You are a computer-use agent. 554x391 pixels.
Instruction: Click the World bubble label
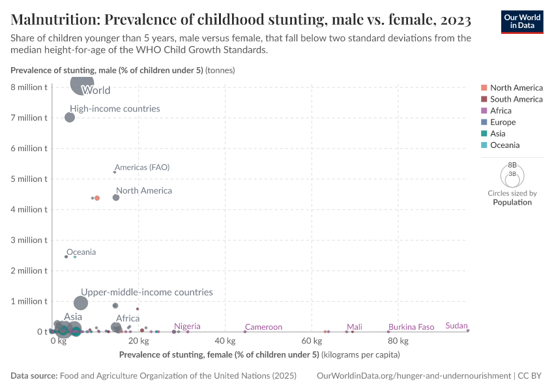click(x=96, y=91)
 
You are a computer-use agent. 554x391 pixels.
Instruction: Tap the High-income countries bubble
click(x=70, y=117)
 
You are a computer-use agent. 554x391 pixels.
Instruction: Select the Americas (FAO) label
click(x=141, y=167)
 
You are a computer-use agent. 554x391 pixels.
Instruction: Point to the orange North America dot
click(x=97, y=198)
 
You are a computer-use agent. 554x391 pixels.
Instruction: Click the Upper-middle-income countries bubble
click(x=81, y=303)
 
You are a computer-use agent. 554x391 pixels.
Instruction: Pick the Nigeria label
click(x=187, y=326)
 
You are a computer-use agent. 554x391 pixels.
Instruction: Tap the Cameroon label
click(x=263, y=327)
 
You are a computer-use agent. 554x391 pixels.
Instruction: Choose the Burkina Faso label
click(x=411, y=327)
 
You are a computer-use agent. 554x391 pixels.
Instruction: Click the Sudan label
click(x=456, y=326)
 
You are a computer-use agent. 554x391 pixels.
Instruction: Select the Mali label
click(x=355, y=327)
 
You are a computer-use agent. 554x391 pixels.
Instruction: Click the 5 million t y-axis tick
click(x=29, y=179)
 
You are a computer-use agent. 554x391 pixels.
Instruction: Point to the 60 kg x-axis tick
click(x=312, y=341)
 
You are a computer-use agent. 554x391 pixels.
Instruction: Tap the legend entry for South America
click(x=516, y=99)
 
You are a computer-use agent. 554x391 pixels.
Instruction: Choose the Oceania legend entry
click(x=504, y=145)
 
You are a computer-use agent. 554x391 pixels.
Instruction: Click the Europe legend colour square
click(x=484, y=123)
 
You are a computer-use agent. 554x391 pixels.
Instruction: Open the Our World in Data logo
click(x=522, y=21)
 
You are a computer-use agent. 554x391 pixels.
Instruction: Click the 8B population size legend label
click(x=512, y=166)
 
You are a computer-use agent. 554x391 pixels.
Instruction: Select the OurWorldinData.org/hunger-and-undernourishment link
click(x=413, y=376)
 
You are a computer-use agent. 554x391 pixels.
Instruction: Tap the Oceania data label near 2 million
click(x=81, y=252)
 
